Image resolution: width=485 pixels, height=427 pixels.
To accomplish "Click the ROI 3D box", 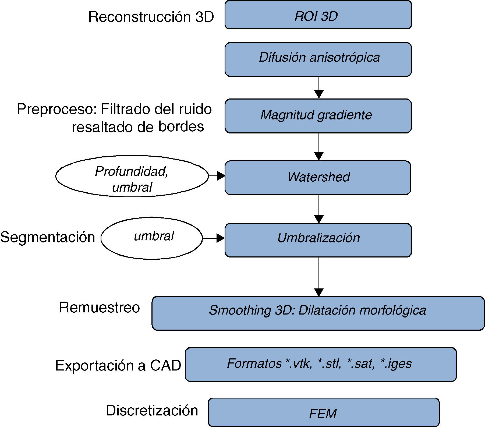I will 318,15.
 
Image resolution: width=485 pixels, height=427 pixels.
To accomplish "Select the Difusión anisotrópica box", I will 318,59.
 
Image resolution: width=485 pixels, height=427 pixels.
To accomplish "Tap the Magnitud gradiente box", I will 318,116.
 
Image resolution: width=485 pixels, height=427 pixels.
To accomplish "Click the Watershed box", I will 318,178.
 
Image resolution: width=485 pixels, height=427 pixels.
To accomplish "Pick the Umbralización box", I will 318,240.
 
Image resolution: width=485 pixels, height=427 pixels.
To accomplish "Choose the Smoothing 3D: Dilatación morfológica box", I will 318,313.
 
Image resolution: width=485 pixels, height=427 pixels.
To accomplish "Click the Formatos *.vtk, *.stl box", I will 321,364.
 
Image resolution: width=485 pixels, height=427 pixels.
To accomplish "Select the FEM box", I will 324,412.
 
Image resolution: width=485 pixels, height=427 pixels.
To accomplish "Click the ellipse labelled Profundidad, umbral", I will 132,176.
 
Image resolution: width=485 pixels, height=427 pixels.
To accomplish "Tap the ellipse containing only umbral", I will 152,238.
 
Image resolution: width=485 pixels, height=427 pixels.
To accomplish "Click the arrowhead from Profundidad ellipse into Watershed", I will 221,176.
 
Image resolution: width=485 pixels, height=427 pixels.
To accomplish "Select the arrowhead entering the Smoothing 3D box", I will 319,292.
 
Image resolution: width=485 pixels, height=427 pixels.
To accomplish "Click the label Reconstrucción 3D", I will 151,17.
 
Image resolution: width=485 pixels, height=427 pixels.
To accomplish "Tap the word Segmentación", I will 48,237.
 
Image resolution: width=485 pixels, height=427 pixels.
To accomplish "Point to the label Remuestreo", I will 99,307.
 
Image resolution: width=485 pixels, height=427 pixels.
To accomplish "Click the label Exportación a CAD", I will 118,365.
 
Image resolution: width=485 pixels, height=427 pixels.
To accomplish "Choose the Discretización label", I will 152,411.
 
